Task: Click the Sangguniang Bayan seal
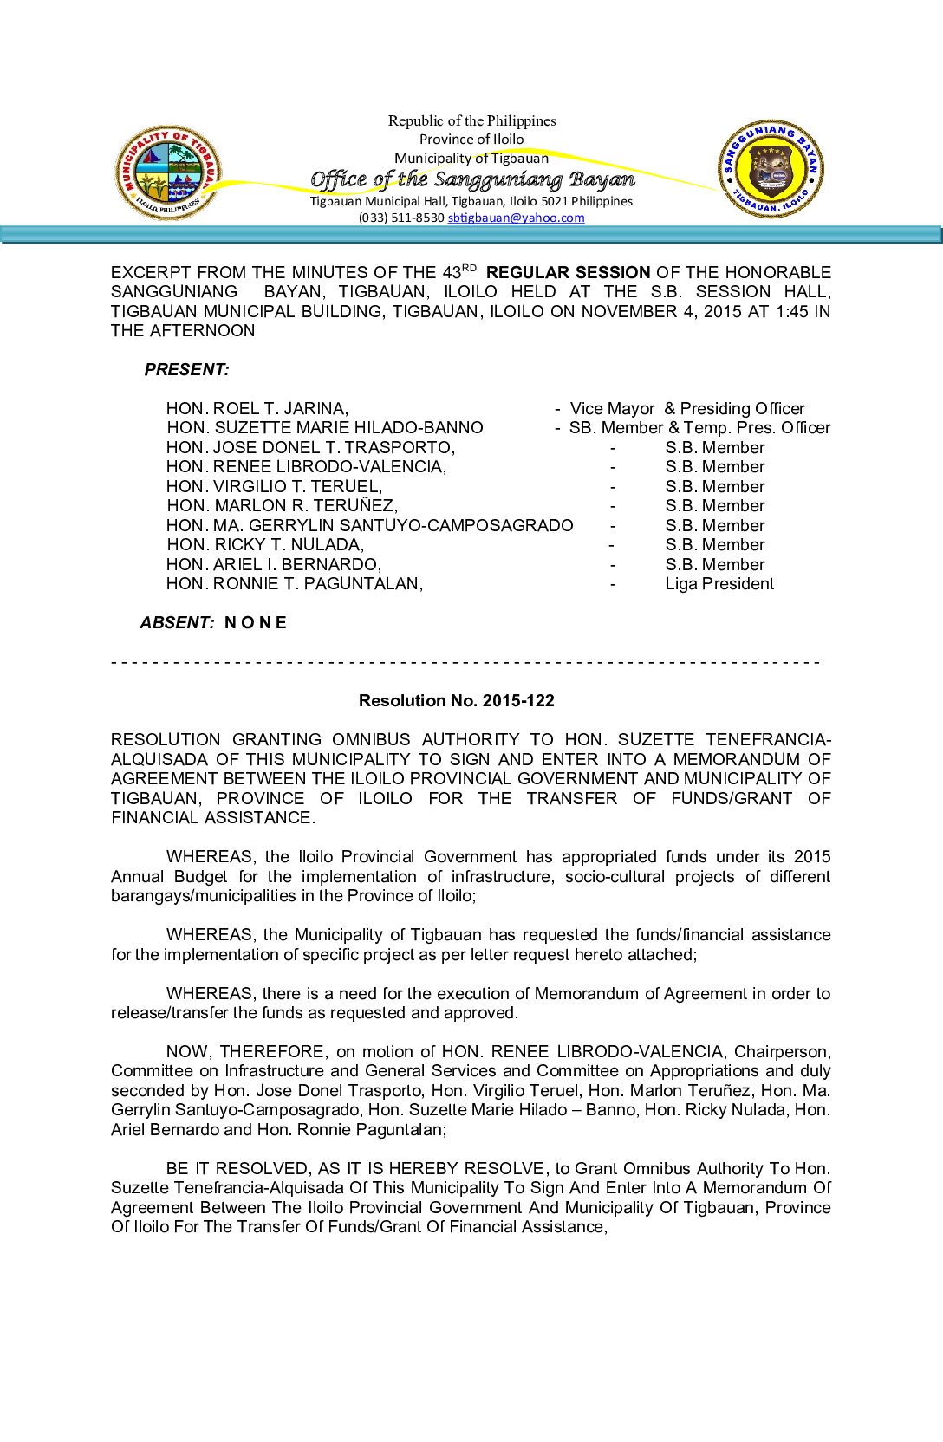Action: [771, 169]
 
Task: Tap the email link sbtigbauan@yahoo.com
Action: [516, 218]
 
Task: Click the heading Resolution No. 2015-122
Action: [457, 700]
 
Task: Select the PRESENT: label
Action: [187, 370]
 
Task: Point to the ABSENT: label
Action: [178, 622]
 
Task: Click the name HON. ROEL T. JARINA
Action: [257, 409]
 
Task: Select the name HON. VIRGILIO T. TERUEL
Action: [274, 487]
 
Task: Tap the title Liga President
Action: [719, 584]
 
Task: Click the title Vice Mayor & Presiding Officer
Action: [687, 409]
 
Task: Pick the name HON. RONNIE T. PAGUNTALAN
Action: [295, 584]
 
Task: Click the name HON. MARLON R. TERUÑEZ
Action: [283, 506]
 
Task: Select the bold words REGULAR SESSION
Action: [568, 273]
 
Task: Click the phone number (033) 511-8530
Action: [401, 218]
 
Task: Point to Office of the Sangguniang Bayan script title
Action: [472, 179]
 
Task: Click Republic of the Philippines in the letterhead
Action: [472, 121]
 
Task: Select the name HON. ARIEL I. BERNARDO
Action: [274, 565]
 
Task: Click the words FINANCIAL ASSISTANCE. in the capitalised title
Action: [214, 818]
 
